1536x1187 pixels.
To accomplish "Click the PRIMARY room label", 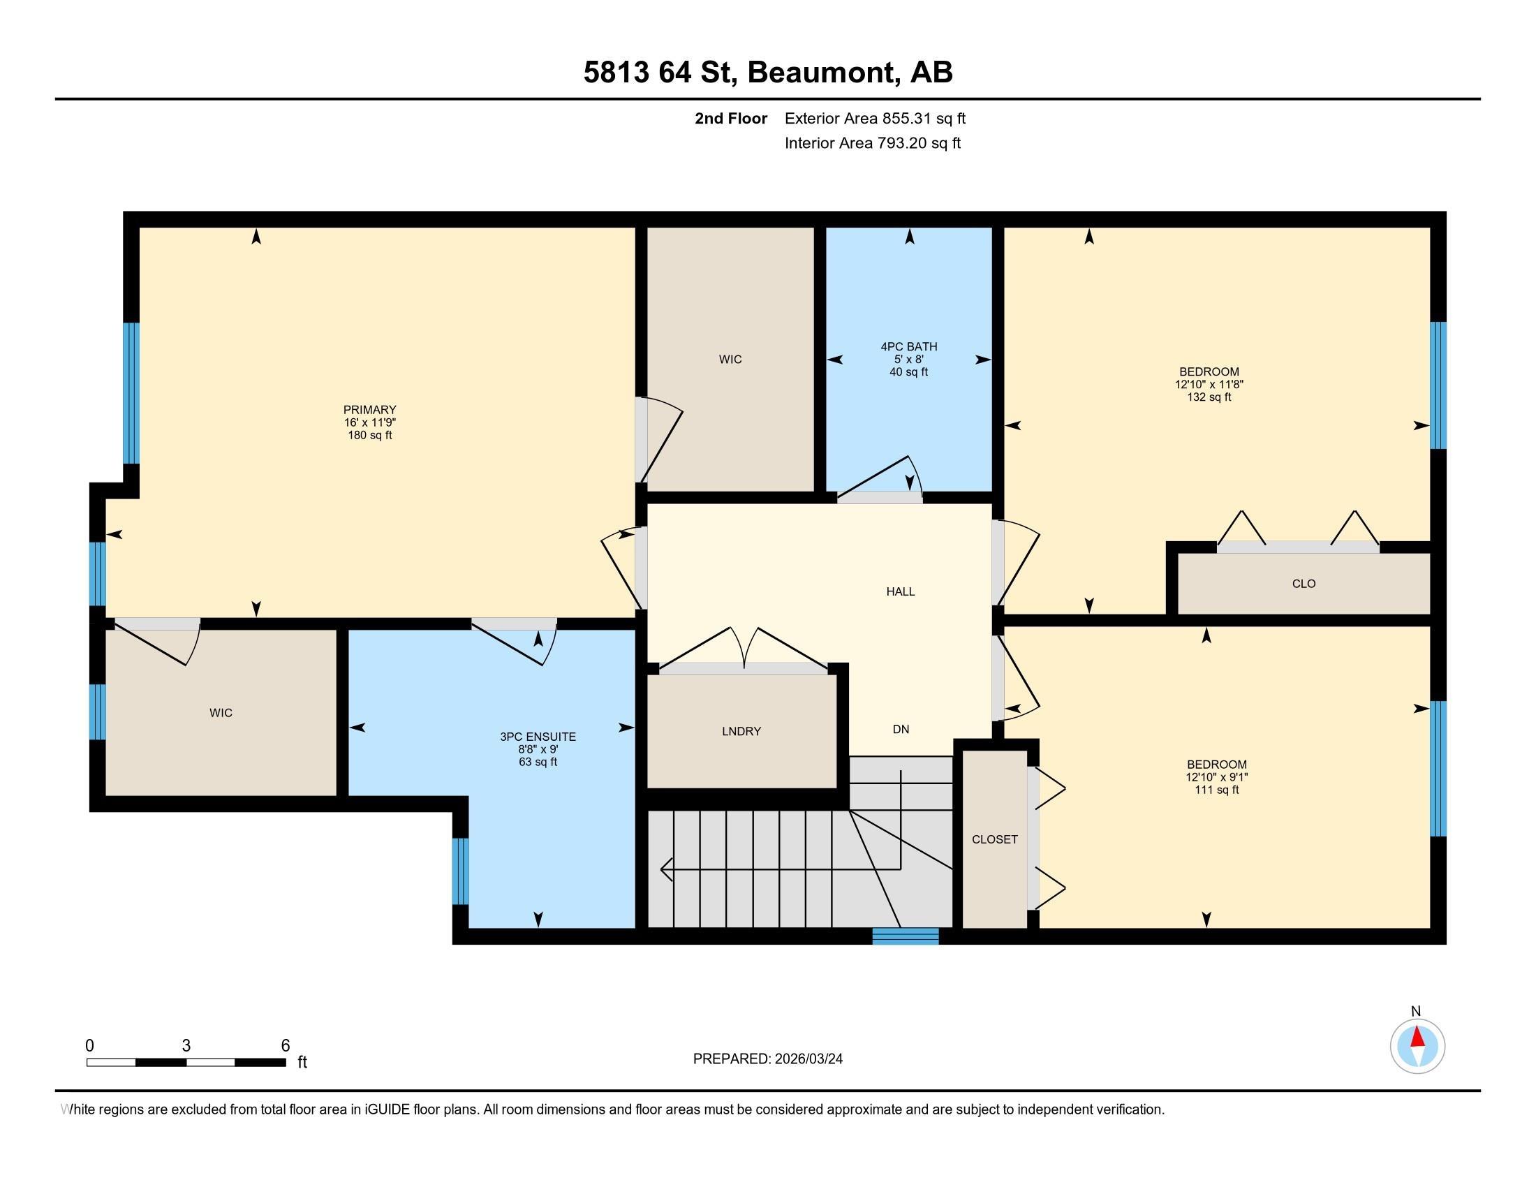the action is [x=370, y=410].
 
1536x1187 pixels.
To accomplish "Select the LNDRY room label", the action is [x=741, y=731].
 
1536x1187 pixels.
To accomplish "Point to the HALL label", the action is [x=900, y=591].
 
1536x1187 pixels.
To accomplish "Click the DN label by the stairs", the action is [x=901, y=729].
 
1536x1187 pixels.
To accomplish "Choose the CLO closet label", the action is [x=1304, y=584].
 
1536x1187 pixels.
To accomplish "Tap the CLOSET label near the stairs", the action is [x=994, y=839].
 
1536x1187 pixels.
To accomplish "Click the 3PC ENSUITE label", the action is [x=538, y=737].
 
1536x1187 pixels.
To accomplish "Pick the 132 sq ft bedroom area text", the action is [x=1209, y=397].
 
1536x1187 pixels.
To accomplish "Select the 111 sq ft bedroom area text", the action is [x=1217, y=790].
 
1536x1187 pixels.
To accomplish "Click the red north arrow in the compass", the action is [x=1418, y=1038].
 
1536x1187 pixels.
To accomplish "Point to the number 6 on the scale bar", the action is [x=286, y=1046].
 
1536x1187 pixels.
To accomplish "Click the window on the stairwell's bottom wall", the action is [x=905, y=936].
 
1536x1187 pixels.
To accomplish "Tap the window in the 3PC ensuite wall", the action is [x=460, y=871].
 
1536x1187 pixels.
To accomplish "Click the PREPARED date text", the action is [x=767, y=1059].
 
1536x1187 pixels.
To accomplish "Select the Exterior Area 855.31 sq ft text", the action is [x=875, y=119].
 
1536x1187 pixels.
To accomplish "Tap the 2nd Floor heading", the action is [x=731, y=119].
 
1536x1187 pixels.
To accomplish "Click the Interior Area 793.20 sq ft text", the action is [x=873, y=143].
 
